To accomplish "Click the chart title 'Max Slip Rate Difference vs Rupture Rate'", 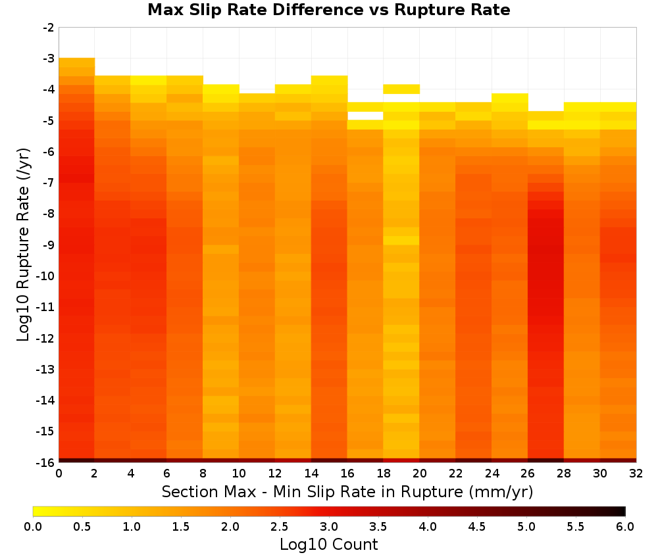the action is [328, 9].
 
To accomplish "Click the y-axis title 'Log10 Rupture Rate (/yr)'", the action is [23, 245].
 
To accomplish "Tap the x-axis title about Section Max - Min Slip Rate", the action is [347, 492].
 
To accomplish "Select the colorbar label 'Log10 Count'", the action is [328, 545].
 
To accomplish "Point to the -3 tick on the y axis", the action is [49, 59].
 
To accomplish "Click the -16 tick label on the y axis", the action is [46, 462].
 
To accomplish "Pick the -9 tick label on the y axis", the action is [49, 245].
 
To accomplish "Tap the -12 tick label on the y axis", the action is [46, 338].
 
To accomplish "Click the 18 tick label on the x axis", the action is [384, 474].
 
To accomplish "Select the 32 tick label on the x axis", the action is [636, 474].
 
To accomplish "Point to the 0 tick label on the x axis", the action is [59, 474].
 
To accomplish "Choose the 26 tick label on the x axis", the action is [528, 474].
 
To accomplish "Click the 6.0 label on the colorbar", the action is [625, 527].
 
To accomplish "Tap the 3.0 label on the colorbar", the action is [329, 527].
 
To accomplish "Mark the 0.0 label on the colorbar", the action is [33, 527].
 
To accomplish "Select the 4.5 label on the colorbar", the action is [476, 527].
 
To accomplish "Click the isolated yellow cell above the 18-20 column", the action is [401, 89].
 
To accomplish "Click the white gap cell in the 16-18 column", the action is [365, 116].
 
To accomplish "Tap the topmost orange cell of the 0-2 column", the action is [77, 62].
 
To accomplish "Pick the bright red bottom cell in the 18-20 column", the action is [401, 460].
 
